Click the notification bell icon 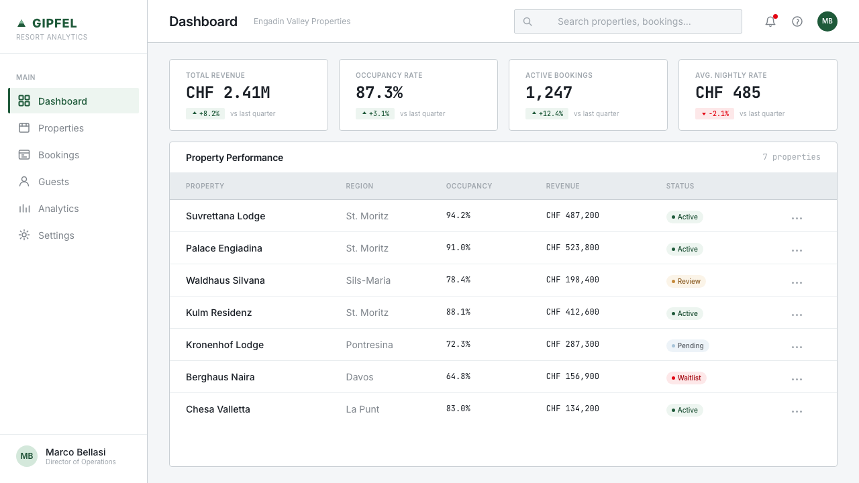[770, 21]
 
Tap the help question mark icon [797, 21]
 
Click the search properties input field [627, 21]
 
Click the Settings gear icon [24, 235]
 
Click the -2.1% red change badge [715, 113]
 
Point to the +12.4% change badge [547, 113]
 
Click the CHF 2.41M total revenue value [228, 93]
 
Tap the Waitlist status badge [686, 378]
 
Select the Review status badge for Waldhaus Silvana [686, 281]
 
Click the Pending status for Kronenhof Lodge [688, 345]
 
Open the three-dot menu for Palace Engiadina [797, 250]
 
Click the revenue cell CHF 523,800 [572, 248]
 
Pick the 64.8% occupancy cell [458, 376]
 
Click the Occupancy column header [468, 186]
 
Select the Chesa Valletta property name [218, 409]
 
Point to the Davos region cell [359, 377]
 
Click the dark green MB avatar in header [827, 21]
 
